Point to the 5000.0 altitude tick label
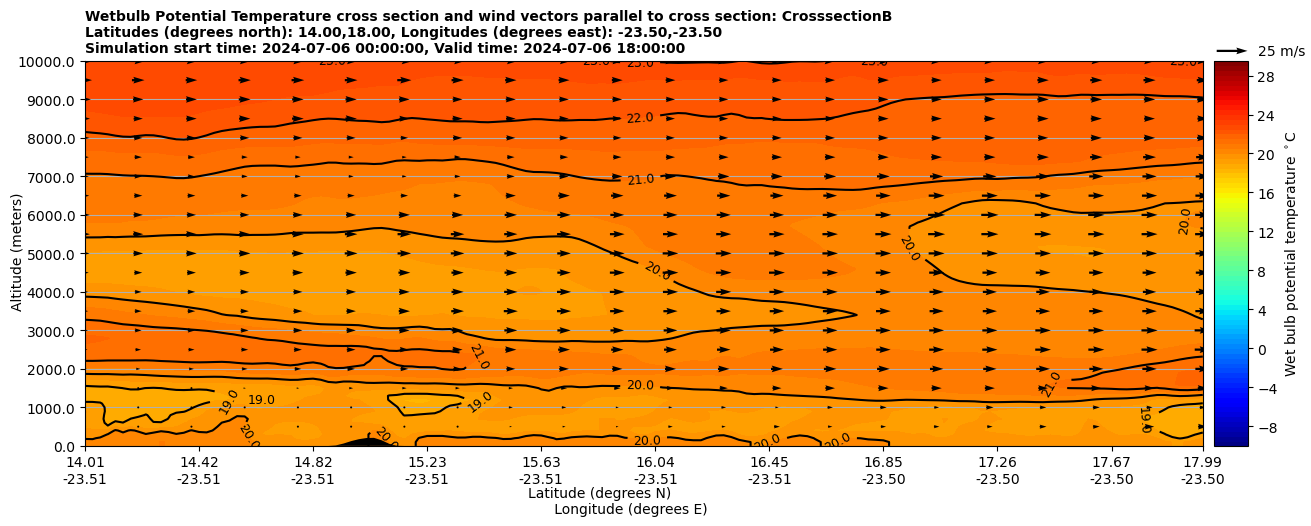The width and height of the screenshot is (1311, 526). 50,254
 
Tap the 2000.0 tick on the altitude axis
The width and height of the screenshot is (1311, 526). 50,370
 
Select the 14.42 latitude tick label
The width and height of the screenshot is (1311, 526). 199,462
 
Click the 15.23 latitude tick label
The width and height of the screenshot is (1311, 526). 427,462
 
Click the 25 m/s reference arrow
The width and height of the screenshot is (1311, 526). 1232,50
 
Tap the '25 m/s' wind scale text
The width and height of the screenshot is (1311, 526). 1281,51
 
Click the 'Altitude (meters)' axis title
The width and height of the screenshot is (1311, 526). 17,254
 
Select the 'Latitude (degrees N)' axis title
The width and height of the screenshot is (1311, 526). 599,493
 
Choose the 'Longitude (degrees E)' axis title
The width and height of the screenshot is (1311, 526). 630,509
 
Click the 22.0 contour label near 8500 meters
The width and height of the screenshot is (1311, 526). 640,118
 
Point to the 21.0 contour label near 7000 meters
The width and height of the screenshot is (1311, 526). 640,180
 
